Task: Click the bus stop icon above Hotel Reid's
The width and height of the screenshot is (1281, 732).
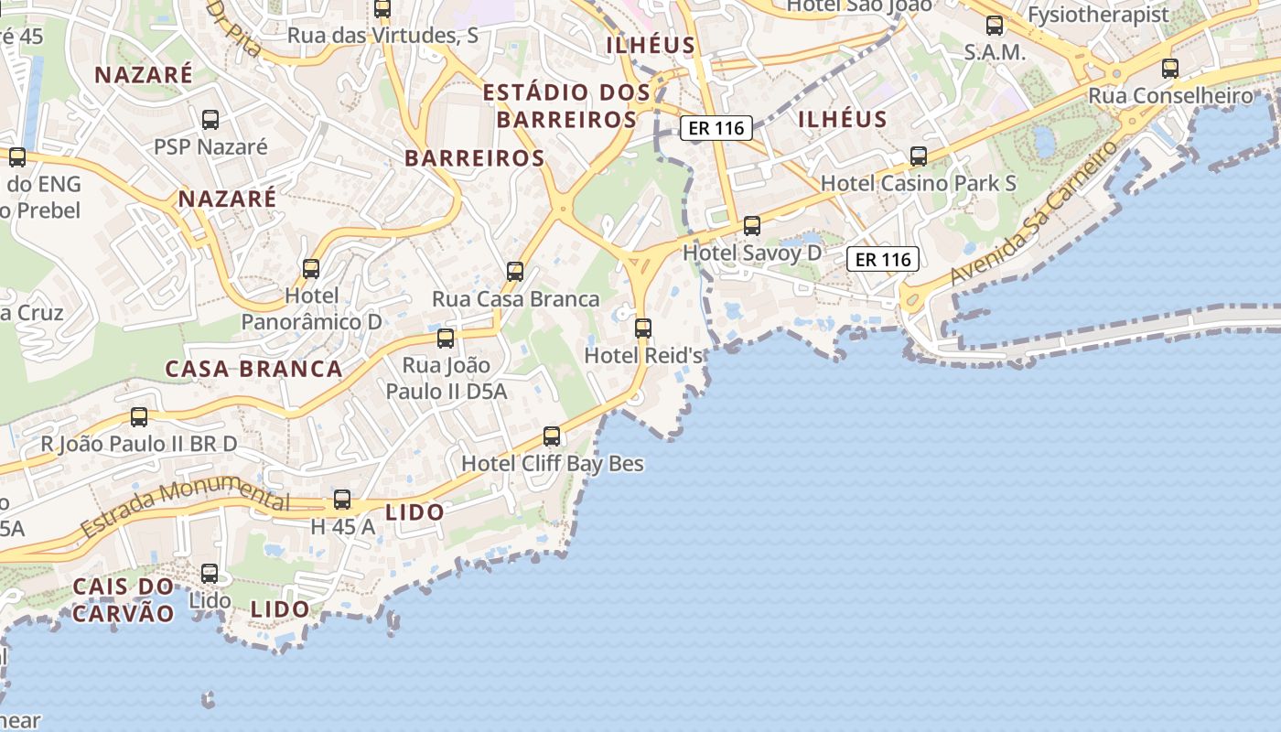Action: [643, 328]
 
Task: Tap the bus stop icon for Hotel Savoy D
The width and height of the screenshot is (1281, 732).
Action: [752, 225]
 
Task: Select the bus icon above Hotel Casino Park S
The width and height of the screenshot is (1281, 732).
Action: [919, 156]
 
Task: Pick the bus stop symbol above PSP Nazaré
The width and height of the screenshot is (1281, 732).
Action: [210, 119]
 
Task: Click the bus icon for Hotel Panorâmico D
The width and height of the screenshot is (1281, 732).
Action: [311, 268]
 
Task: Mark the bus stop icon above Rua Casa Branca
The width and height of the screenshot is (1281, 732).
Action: [515, 271]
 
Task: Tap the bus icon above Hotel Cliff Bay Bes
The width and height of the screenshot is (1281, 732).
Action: [552, 436]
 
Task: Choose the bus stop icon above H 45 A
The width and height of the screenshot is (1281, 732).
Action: [342, 500]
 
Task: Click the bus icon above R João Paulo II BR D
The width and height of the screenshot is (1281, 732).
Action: [139, 417]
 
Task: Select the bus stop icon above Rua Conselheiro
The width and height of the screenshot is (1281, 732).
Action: [1170, 68]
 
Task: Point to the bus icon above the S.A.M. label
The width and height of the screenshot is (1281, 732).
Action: [995, 26]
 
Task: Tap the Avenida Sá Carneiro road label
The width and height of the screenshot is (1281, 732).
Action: [1034, 212]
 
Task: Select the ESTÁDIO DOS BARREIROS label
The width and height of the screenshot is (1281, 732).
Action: [566, 105]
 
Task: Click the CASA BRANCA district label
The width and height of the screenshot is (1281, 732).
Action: [253, 369]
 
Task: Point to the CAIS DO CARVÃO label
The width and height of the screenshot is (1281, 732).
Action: [123, 599]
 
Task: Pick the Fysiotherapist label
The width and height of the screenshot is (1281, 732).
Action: [1098, 15]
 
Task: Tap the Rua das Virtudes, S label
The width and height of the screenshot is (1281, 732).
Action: [382, 36]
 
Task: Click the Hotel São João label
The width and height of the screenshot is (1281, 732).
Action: [859, 5]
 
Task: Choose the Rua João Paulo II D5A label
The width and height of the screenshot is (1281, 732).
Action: [447, 378]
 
